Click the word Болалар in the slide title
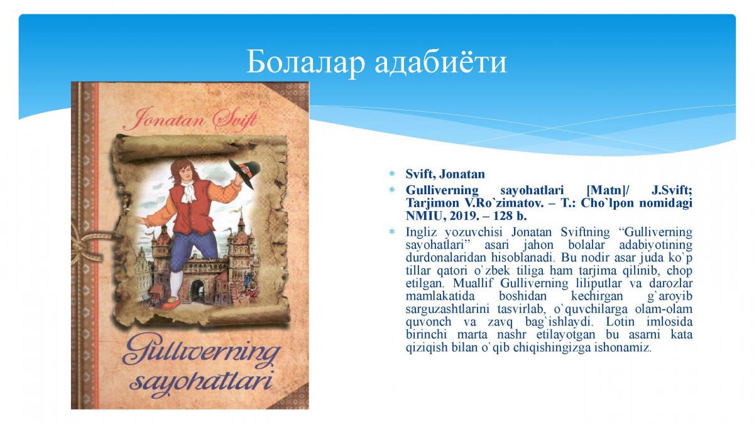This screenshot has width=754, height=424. pos(305,62)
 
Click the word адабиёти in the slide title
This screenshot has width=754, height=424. pos(440,62)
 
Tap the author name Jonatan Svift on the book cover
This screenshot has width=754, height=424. pos(190,119)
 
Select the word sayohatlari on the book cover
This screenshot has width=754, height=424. pos(201,383)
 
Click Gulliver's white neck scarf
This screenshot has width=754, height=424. pos(189,191)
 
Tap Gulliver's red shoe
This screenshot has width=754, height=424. pos(173,302)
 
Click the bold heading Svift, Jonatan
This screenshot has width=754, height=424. pos(445,174)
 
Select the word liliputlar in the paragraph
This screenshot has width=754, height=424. pos(598,283)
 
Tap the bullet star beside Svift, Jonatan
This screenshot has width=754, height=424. pos(392,174)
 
